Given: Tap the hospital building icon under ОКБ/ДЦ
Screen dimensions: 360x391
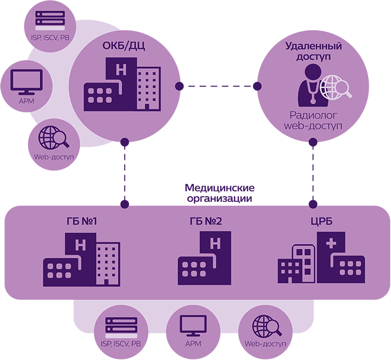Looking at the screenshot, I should [x=122, y=87].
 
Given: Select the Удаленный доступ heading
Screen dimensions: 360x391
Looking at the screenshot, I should [x=313, y=51].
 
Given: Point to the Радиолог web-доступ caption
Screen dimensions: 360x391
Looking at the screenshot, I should [x=313, y=121].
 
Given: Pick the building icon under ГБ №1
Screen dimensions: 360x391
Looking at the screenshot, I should [x=81, y=260].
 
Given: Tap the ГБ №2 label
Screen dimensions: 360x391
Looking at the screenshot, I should [x=206, y=222].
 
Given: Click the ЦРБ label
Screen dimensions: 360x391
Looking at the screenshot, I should [x=321, y=222].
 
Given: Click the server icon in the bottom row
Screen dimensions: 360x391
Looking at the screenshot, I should [x=121, y=326].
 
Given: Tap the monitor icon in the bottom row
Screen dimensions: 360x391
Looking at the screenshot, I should [x=192, y=325].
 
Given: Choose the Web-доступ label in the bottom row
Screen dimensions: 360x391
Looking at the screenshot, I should [x=265, y=344].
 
